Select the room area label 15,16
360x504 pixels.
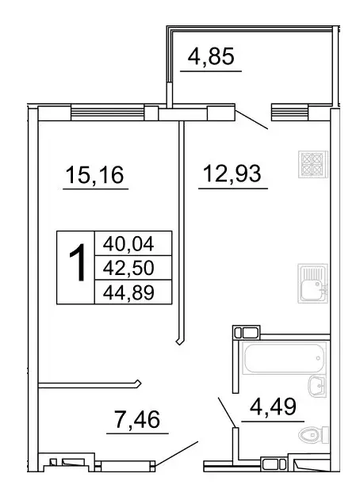tap(94, 174)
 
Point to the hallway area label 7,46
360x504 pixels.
tap(138, 418)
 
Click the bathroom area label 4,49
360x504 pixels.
tap(272, 410)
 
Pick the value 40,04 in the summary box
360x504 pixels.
tap(124, 242)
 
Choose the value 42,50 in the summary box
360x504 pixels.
tap(124, 268)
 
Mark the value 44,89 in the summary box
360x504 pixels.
tap(124, 293)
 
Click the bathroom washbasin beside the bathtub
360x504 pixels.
tap(316, 386)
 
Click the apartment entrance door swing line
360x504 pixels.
tap(176, 453)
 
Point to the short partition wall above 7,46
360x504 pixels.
tap(89, 386)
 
